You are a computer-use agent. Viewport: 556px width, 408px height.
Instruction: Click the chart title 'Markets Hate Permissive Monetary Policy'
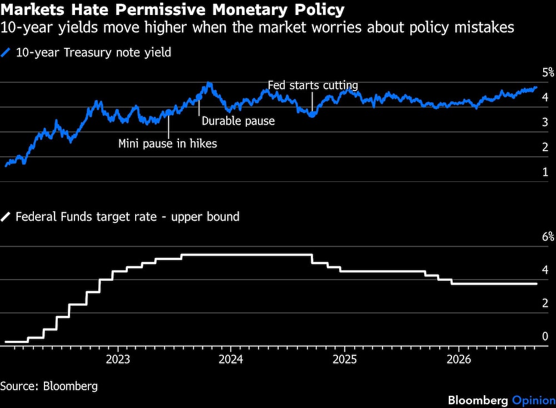[x=172, y=10]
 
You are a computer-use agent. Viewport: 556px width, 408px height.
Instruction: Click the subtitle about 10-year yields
[x=257, y=28]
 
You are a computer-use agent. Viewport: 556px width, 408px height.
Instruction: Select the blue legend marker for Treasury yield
[x=6, y=52]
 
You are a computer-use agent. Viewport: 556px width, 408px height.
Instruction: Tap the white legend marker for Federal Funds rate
[x=6, y=217]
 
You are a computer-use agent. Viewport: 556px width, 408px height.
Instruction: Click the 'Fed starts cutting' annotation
[x=312, y=86]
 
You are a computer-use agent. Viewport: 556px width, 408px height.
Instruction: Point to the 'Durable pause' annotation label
[x=239, y=121]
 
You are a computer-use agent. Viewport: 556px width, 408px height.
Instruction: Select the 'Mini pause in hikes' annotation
[x=168, y=143]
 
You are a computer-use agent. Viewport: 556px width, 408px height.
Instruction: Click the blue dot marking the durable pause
[x=199, y=97]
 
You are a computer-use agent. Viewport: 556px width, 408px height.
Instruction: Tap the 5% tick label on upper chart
[x=548, y=72]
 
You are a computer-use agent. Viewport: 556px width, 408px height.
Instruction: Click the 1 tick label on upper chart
[x=545, y=172]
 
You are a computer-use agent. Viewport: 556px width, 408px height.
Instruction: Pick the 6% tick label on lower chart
[x=548, y=236]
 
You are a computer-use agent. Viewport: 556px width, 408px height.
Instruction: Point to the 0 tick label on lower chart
[x=545, y=336]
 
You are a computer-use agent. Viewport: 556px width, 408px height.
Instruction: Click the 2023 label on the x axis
[x=118, y=360]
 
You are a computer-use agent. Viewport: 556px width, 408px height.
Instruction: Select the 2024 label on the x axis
[x=231, y=360]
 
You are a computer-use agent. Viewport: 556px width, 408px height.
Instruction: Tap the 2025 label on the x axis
[x=345, y=360]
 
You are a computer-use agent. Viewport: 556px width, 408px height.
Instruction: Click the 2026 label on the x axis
[x=459, y=360]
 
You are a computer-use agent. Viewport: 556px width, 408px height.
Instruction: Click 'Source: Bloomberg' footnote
[x=49, y=386]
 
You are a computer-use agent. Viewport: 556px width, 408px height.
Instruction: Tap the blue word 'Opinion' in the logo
[x=534, y=401]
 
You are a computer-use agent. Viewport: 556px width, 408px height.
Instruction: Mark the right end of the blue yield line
[x=537, y=87]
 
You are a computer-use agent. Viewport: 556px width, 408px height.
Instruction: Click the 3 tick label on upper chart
[x=545, y=122]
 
